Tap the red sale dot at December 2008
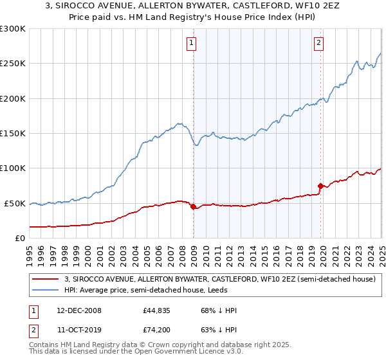[x=193, y=207]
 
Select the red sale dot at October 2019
[x=320, y=186]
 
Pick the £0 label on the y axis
[x=20, y=238]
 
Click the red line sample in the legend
[x=45, y=280]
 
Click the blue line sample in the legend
[x=45, y=290]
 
